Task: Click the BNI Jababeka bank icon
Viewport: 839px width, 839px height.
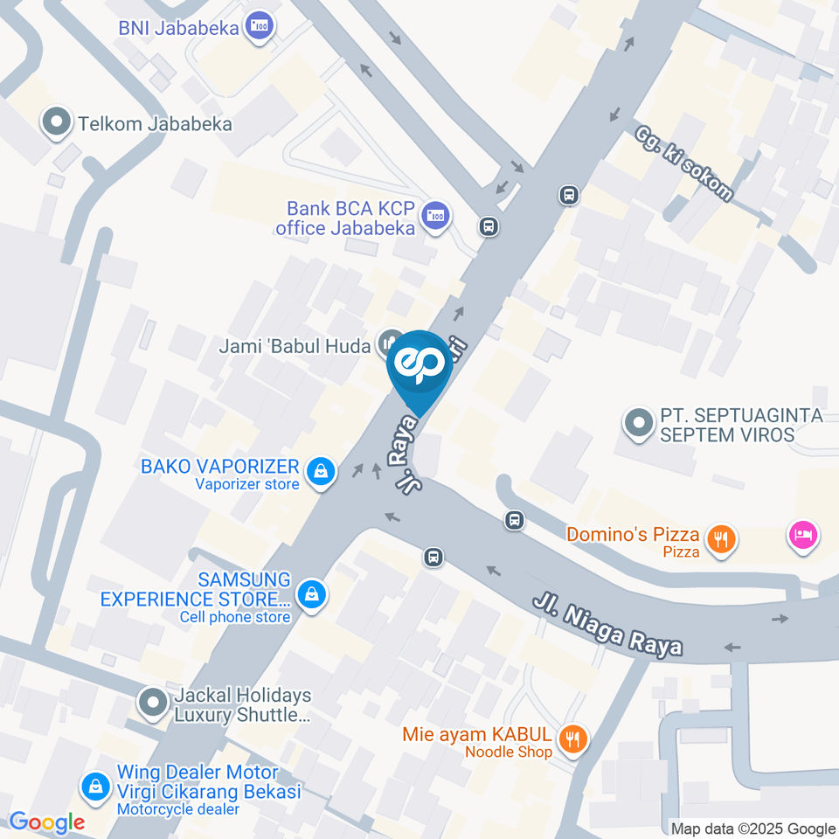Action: tap(259, 26)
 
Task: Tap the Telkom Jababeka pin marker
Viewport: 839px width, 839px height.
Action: tap(57, 123)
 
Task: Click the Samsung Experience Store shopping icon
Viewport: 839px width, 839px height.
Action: tap(310, 595)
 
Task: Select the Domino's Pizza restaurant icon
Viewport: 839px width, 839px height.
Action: tap(720, 539)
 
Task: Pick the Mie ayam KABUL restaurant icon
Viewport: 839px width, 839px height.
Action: tap(572, 739)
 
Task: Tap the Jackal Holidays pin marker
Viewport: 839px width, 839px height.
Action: tap(153, 702)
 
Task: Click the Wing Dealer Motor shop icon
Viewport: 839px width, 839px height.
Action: tap(94, 787)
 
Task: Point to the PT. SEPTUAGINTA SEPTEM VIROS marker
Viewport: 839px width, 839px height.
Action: tap(639, 425)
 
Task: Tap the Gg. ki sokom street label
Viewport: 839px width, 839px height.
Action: tap(684, 163)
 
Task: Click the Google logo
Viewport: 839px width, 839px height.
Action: tap(46, 822)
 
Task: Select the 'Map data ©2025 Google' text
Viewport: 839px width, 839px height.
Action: tap(753, 829)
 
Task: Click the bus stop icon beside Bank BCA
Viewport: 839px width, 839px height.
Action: tap(489, 226)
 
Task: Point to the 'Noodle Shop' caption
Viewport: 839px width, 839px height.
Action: tap(508, 752)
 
